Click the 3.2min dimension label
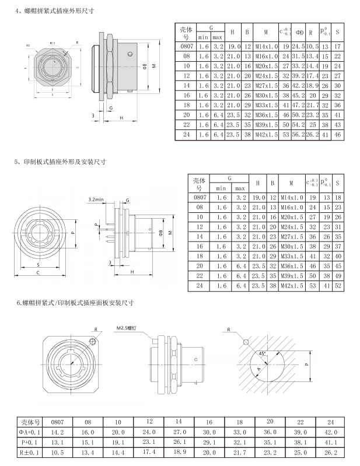96,199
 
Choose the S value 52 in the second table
338,286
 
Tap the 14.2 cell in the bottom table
57,432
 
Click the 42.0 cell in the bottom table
331,432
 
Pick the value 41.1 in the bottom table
331,442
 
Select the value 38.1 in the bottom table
300,442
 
